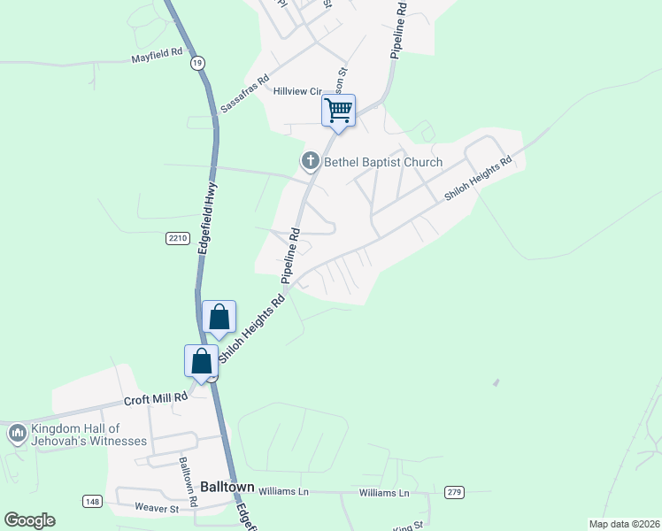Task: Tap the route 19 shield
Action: [197, 63]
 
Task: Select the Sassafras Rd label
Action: [242, 91]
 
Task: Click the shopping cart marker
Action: [338, 112]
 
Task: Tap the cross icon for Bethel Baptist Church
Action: [310, 161]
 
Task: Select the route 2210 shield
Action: [177, 237]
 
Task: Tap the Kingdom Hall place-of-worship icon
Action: [17, 434]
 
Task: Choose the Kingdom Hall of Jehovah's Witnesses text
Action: [89, 434]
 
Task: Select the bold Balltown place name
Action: [227, 487]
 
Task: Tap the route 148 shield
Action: [91, 502]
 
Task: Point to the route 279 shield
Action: [455, 491]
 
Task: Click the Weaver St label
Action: [157, 508]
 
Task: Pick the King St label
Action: [403, 527]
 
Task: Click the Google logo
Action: [29, 520]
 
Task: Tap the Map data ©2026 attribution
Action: [624, 524]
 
